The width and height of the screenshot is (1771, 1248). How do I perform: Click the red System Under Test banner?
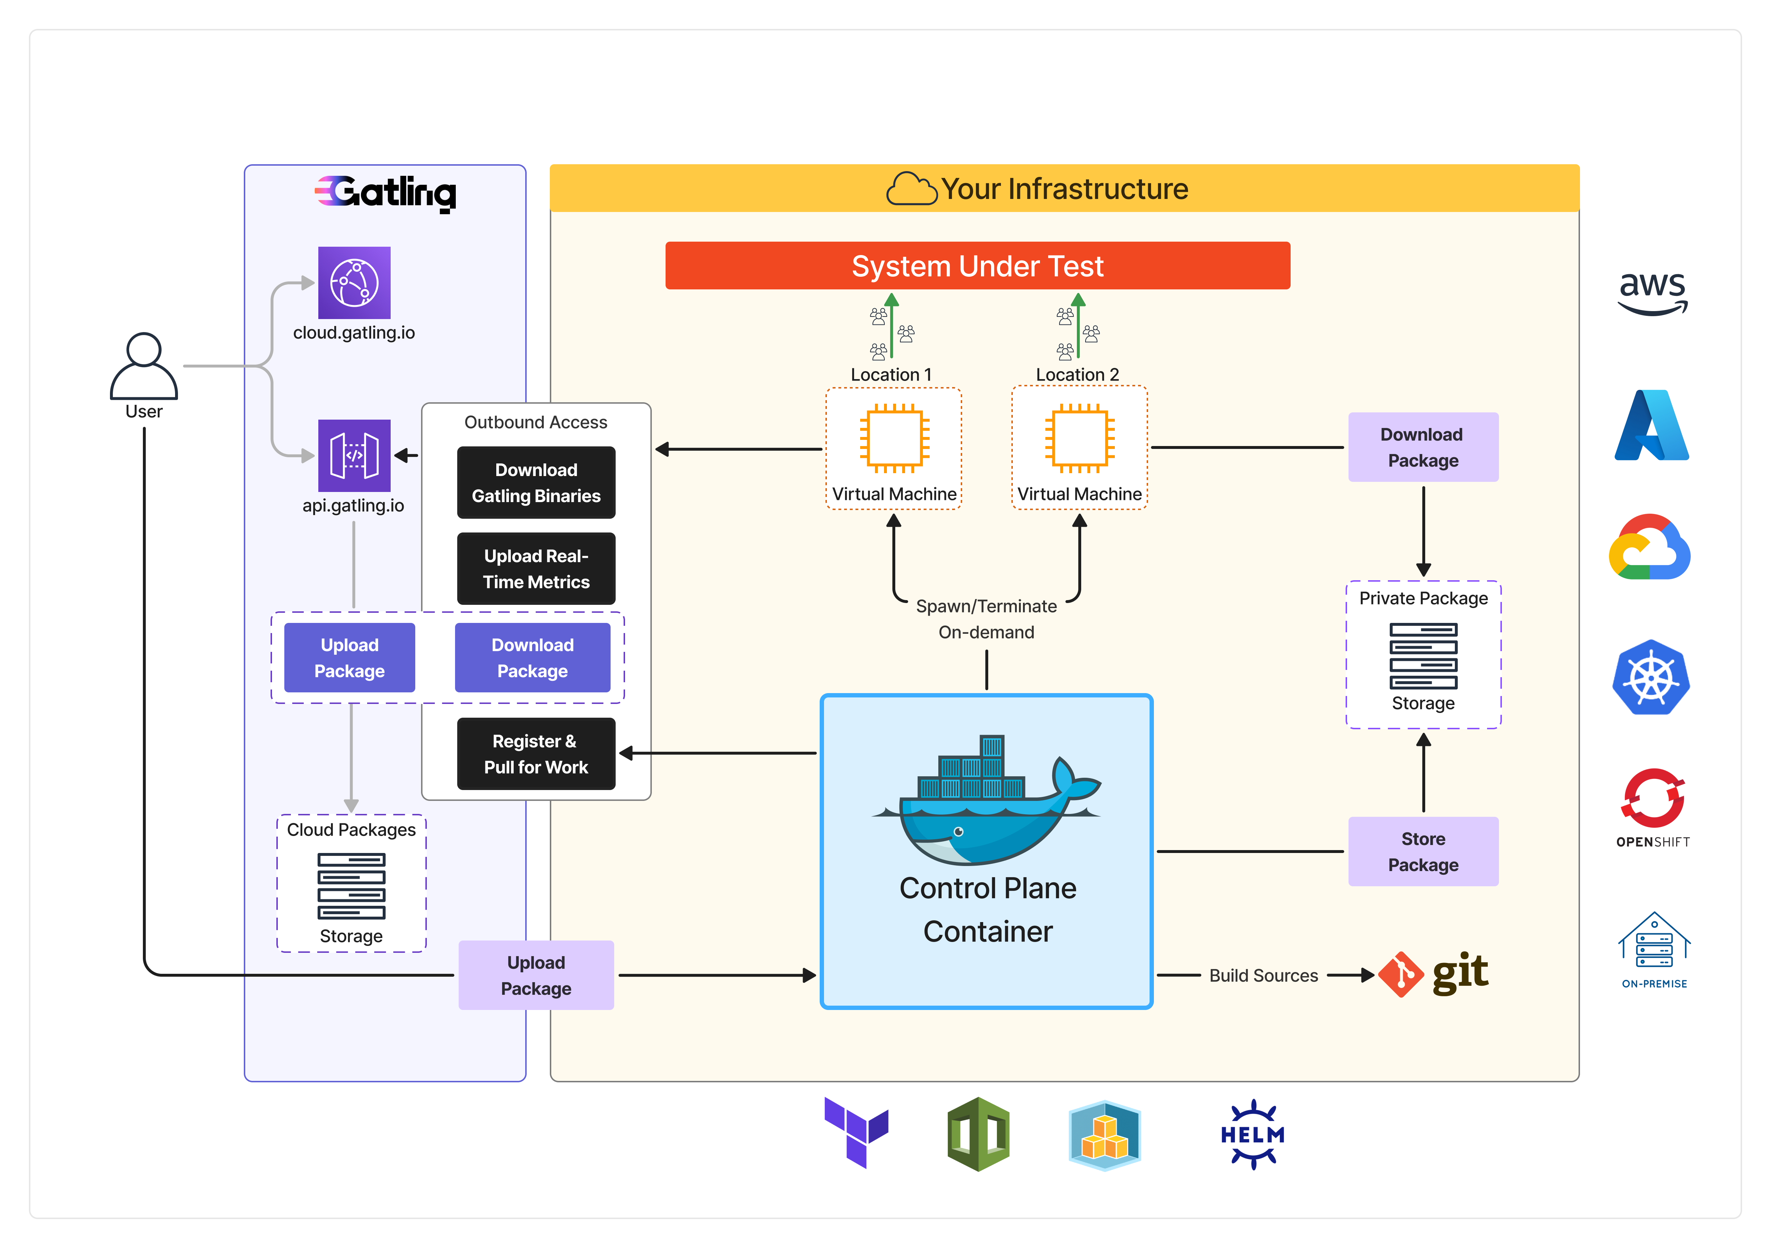click(x=977, y=266)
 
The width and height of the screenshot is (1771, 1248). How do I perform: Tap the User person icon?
click(x=144, y=366)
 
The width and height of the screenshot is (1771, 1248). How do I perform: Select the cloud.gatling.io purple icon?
click(x=354, y=283)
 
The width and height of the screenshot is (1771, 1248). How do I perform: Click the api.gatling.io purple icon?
click(x=354, y=456)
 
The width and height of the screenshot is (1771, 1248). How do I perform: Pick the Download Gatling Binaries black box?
click(x=536, y=483)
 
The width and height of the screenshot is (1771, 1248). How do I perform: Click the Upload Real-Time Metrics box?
click(x=536, y=569)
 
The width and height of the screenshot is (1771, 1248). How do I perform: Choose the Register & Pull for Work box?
click(x=536, y=754)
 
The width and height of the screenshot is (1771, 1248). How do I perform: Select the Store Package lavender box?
click(x=1423, y=852)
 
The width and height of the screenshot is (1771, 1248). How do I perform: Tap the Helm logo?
click(x=1253, y=1135)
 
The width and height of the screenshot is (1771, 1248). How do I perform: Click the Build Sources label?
click(x=1264, y=976)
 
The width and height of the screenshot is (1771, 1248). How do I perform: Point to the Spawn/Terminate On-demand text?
click(x=986, y=619)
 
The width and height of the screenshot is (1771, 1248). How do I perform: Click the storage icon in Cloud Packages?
click(x=351, y=886)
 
